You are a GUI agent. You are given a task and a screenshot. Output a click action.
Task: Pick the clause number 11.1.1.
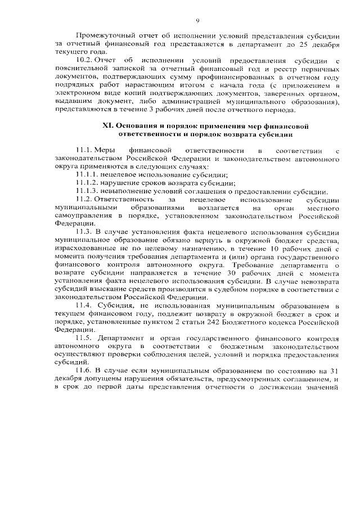[x=87, y=175]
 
